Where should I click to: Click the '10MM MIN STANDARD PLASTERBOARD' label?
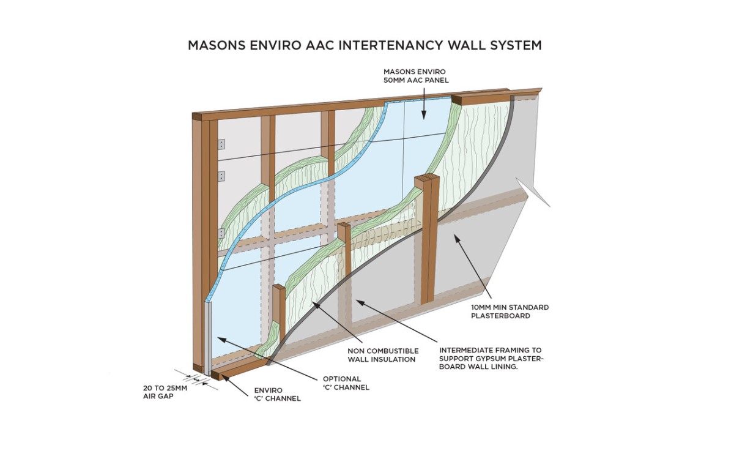click(510, 312)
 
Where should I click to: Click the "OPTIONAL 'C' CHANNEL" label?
click(346, 383)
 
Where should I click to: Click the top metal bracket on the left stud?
click(221, 144)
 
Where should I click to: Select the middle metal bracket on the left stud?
click(221, 176)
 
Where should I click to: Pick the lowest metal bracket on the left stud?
click(221, 233)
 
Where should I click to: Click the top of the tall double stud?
click(427, 179)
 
